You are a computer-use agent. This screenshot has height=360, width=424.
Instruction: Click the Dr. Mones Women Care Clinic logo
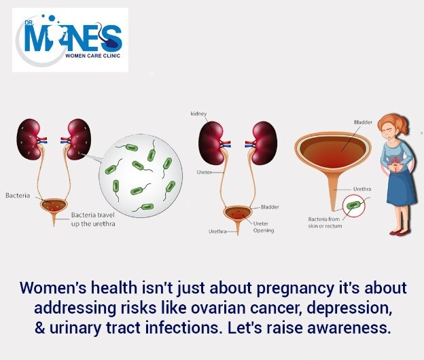tap(70, 40)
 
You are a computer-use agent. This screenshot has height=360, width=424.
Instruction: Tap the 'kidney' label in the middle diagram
tap(198, 114)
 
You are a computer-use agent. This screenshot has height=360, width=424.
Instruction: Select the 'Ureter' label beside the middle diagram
tap(204, 172)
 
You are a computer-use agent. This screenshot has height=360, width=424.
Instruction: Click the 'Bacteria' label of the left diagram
tap(18, 196)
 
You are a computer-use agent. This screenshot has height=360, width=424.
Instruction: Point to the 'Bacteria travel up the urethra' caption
tap(93, 219)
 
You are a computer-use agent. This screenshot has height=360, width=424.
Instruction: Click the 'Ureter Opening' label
tap(264, 227)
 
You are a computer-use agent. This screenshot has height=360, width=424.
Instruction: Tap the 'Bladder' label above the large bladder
tap(363, 122)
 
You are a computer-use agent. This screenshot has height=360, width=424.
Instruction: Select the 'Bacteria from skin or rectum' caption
tap(325, 222)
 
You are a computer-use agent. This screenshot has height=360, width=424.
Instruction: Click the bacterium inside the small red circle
tap(353, 205)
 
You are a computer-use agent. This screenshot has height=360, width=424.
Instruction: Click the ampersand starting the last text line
tap(39, 328)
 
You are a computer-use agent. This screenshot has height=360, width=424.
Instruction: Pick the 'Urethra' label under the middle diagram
tap(217, 232)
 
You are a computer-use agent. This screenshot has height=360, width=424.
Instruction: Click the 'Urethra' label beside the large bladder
tap(362, 189)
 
